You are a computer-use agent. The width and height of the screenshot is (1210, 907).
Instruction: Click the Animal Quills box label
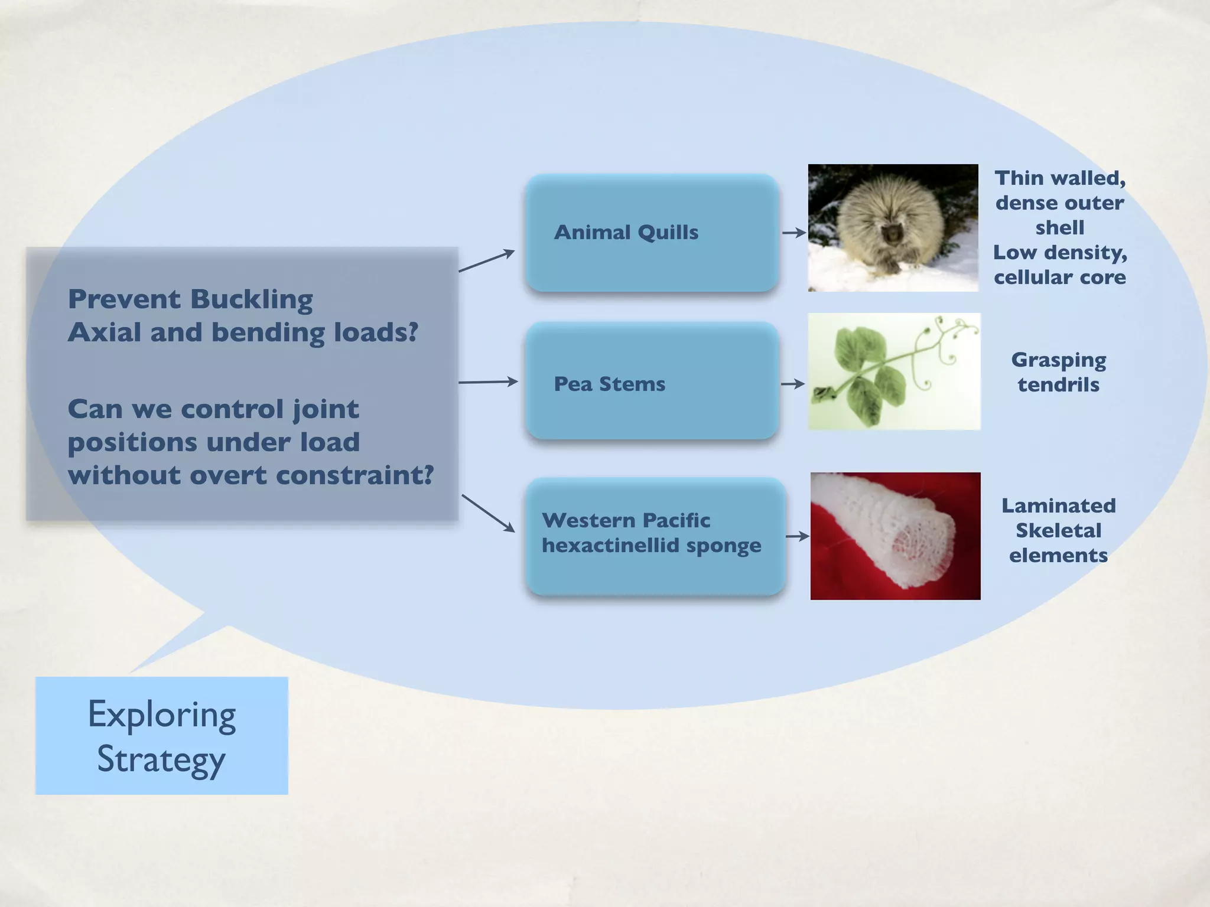pos(626,233)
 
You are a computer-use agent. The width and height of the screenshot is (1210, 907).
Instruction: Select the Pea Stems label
pos(609,384)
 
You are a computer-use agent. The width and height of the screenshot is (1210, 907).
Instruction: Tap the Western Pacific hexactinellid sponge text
pos(651,533)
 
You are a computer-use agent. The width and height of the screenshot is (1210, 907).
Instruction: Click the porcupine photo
pos(893,228)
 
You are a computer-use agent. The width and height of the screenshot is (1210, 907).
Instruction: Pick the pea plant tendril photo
pos(894,371)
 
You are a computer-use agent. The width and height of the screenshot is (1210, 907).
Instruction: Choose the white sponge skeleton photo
pos(895,536)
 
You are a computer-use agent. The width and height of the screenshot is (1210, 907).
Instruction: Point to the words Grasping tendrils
pos(1059,372)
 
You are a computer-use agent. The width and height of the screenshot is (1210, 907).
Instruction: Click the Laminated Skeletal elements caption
pos(1059,530)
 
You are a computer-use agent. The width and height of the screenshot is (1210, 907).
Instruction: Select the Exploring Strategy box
pos(162,736)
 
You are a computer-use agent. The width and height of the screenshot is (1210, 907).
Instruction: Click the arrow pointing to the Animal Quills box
pos(487,260)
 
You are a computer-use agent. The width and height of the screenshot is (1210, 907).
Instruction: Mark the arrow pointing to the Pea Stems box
pos(488,383)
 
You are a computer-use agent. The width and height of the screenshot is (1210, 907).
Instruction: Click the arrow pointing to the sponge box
pos(488,513)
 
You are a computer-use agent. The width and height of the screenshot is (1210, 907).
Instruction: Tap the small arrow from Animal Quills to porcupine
pos(794,233)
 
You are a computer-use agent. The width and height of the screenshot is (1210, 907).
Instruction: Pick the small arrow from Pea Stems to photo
pos(793,384)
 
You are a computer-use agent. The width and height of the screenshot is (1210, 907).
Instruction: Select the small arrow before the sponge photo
pos(797,536)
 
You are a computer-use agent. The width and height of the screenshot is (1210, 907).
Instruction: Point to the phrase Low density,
pos(1060,253)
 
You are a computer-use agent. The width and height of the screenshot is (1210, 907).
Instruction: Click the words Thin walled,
pos(1060,178)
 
